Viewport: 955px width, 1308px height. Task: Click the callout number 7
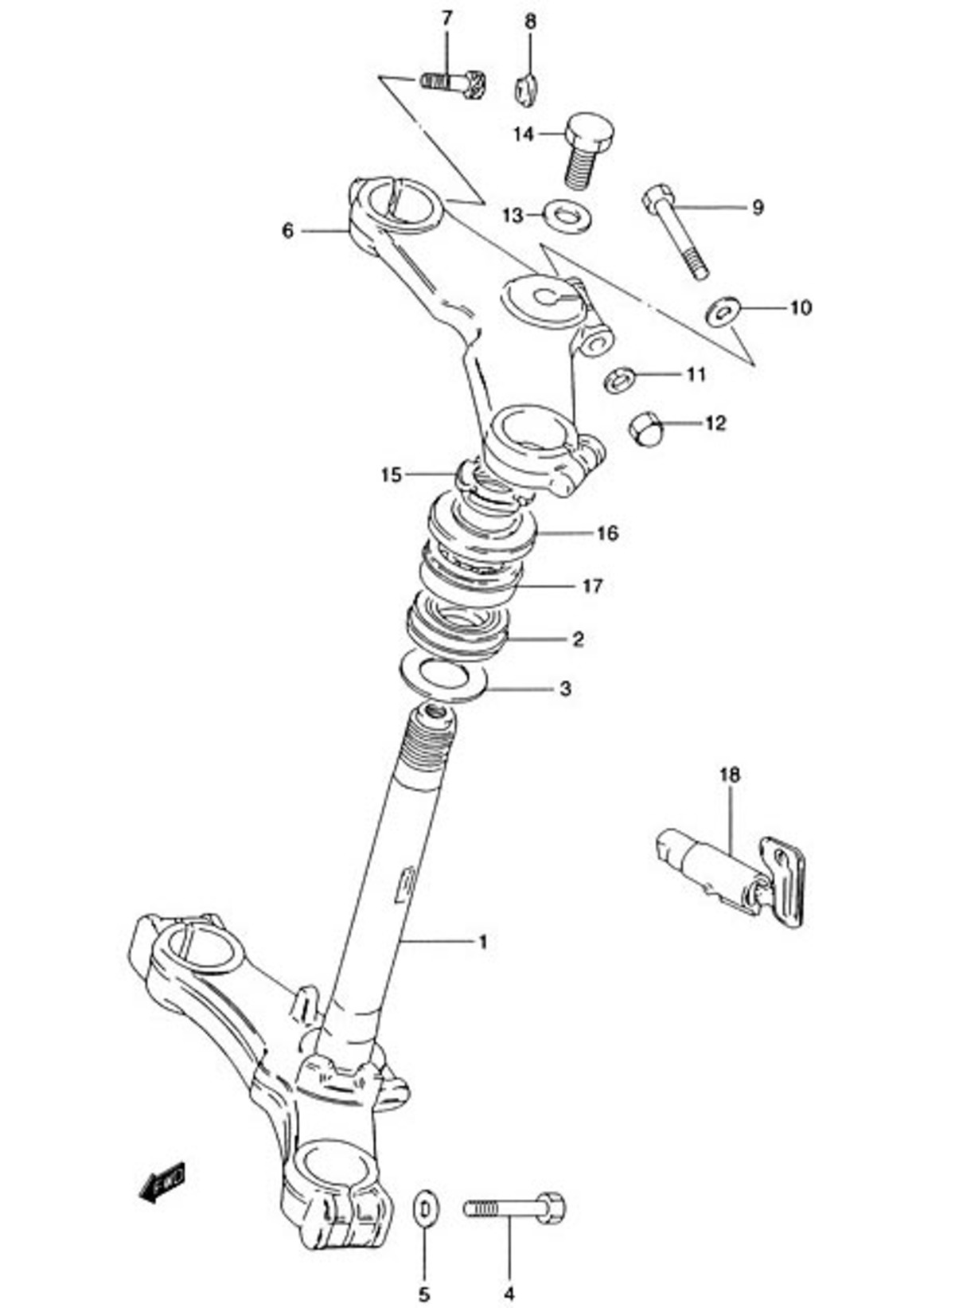[446, 18]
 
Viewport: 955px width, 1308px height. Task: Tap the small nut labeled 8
[527, 90]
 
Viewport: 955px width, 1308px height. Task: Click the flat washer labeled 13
[567, 216]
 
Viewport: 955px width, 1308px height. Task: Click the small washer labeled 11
[618, 380]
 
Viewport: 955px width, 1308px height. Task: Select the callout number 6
[288, 231]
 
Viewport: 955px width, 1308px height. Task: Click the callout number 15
[392, 474]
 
